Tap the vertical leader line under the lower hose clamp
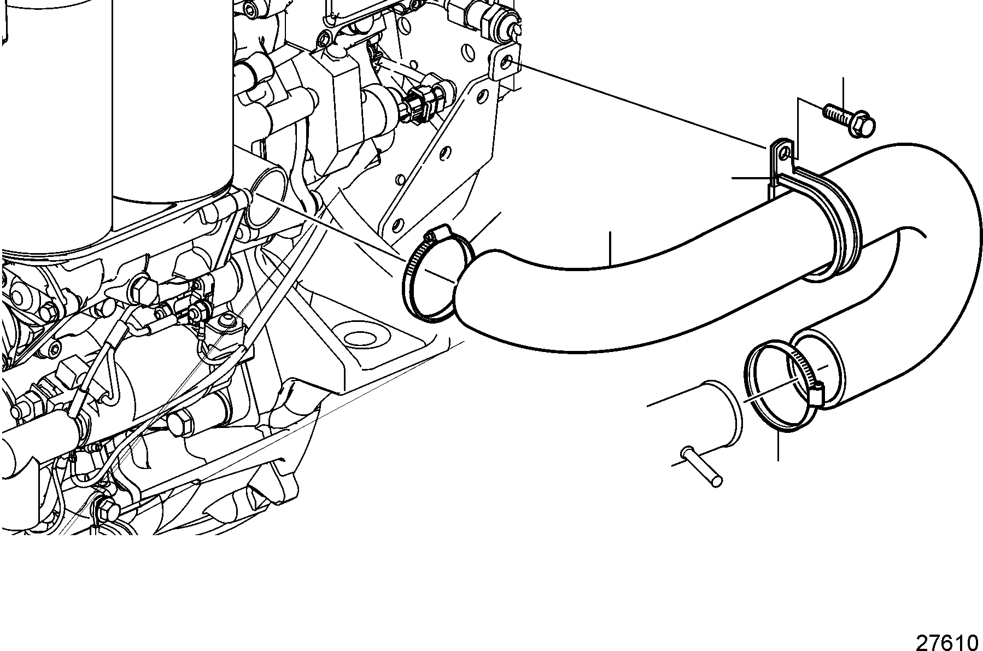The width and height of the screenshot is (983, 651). tap(777, 445)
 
